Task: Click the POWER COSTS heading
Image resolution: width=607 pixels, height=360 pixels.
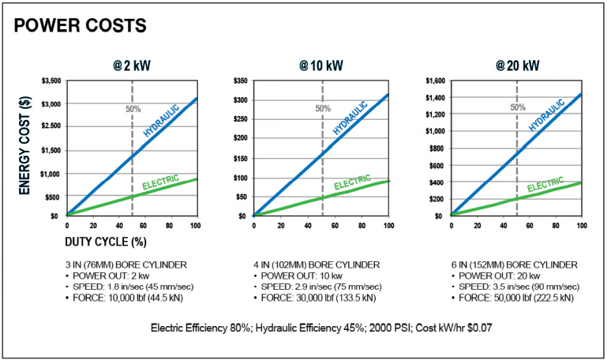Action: (81, 25)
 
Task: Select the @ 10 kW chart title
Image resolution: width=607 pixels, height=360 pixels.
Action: (320, 65)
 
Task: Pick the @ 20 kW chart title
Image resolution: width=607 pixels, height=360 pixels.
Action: (517, 65)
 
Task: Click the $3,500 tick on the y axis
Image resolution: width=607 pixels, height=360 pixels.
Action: (49, 81)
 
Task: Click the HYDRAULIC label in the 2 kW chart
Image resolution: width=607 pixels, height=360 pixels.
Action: (161, 119)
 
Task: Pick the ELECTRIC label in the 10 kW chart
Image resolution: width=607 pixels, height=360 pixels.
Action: (351, 186)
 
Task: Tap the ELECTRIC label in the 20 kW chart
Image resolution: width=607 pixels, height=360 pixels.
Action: (545, 186)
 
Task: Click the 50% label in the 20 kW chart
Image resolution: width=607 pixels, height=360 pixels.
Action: (518, 107)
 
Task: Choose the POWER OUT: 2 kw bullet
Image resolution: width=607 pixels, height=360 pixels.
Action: (106, 275)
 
